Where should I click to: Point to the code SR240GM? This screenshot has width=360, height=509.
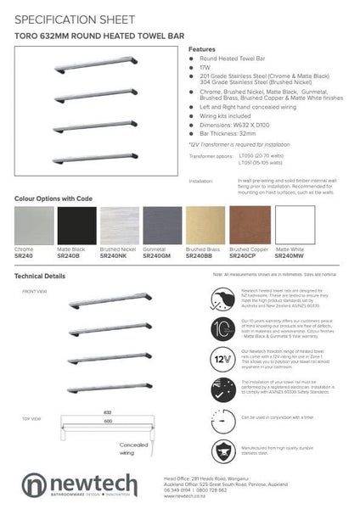(157, 255)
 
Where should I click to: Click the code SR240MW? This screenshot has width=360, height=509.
(290, 255)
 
